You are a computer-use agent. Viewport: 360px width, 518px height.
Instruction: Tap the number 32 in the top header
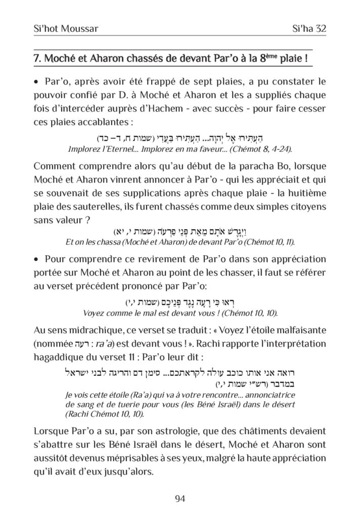click(x=318, y=29)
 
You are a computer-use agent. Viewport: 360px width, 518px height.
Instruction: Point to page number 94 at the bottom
click(x=179, y=499)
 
